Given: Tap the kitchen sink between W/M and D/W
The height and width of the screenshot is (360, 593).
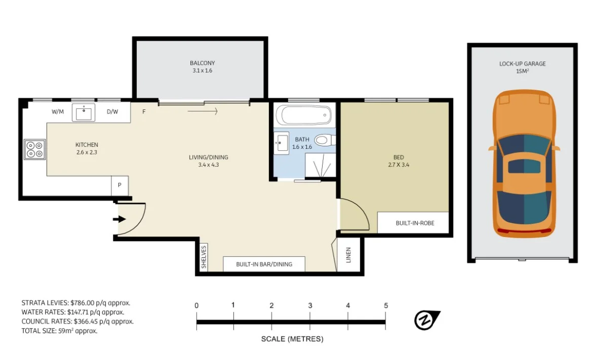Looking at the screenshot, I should (83, 112).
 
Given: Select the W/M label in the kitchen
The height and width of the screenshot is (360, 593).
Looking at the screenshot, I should (58, 112).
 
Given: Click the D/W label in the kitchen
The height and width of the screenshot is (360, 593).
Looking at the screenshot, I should (112, 112).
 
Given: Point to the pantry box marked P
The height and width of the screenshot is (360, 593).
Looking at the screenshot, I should (120, 185).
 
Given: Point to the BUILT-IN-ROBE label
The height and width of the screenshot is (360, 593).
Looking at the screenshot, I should (415, 223).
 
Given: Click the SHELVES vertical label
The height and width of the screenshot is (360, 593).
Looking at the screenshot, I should (204, 257).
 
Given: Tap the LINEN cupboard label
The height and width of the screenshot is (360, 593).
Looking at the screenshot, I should (348, 255).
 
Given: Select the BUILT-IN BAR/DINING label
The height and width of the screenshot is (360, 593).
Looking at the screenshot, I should (264, 264).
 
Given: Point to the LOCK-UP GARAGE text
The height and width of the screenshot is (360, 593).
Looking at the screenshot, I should (522, 64).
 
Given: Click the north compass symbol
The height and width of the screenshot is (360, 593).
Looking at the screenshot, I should (426, 320).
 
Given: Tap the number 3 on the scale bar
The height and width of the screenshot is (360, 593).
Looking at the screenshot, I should (310, 305).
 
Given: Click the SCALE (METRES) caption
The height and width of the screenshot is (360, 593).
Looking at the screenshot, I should (292, 339).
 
